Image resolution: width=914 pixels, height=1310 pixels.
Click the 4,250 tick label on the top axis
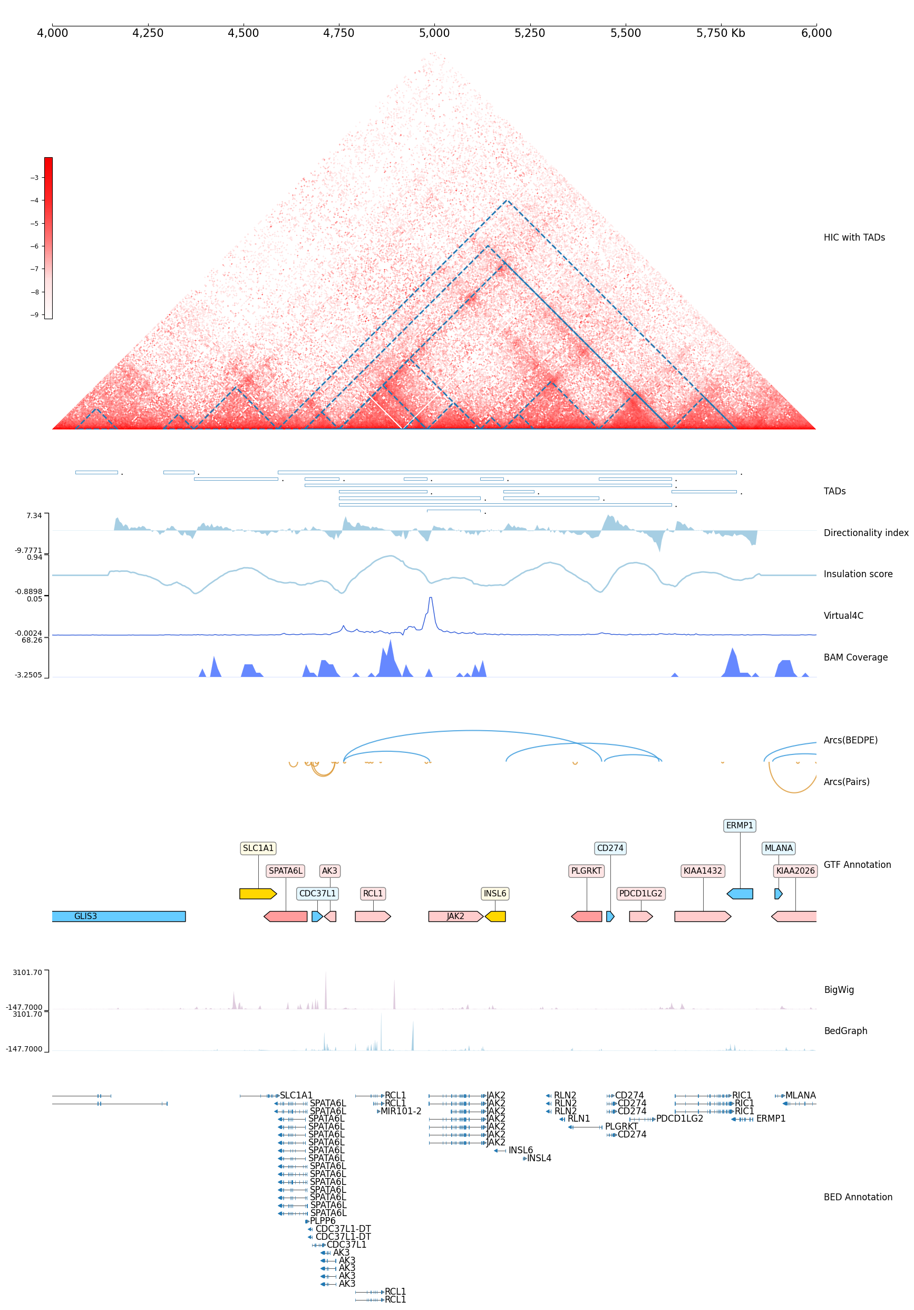click(x=148, y=33)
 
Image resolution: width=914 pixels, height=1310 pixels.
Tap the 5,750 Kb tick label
click(x=720, y=33)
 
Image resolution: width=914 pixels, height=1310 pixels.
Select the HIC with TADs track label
click(x=853, y=237)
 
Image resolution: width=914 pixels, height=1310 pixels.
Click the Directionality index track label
click(x=866, y=533)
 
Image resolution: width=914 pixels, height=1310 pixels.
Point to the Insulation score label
click(x=858, y=574)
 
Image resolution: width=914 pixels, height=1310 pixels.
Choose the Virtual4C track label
click(x=843, y=616)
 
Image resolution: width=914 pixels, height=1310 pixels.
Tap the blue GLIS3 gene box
click(x=119, y=916)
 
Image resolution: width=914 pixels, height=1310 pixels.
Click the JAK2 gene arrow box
click(x=455, y=916)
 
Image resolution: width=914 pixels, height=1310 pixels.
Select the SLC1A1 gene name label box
click(x=258, y=848)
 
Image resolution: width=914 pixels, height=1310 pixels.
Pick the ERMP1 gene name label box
click(x=740, y=826)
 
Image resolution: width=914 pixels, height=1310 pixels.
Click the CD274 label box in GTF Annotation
click(x=610, y=848)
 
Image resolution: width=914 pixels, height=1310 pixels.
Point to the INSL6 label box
click(x=494, y=894)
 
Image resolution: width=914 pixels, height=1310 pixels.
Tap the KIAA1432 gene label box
click(x=703, y=871)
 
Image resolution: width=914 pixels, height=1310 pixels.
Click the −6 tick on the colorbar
click(x=35, y=246)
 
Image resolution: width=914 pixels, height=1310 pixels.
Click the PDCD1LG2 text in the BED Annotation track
click(x=679, y=1119)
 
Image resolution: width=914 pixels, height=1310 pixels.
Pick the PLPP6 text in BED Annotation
click(x=323, y=1221)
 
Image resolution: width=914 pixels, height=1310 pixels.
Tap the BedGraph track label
click(x=845, y=1031)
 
